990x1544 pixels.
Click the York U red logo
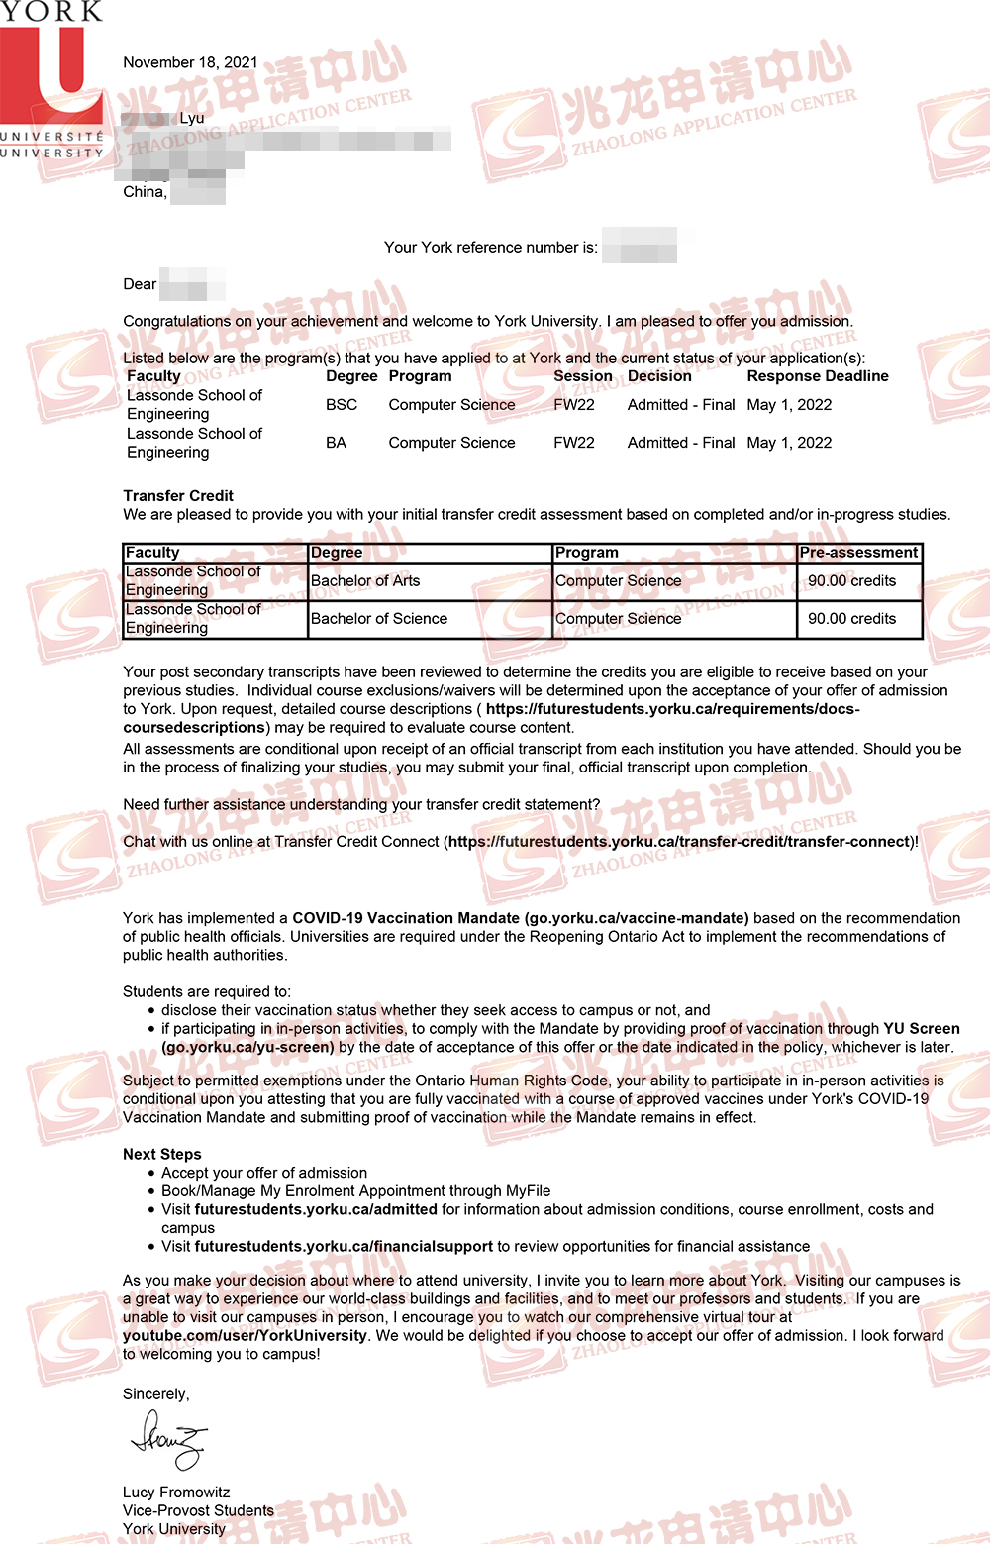click(51, 74)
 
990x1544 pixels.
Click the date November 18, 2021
click(190, 62)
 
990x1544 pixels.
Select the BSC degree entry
click(342, 405)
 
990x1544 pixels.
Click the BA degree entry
click(337, 443)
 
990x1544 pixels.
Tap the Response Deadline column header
click(818, 376)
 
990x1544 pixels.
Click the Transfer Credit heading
click(178, 495)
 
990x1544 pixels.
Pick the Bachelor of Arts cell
click(365, 581)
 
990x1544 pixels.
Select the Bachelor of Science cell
click(379, 619)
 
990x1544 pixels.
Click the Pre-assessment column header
click(858, 553)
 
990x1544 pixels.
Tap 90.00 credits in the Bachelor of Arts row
click(851, 581)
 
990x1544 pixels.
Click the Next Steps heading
click(162, 1154)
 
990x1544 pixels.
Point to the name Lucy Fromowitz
click(176, 1493)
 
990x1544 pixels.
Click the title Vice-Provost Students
click(198, 1510)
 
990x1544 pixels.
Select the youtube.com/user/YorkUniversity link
click(245, 1335)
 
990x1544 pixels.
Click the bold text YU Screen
click(921, 1029)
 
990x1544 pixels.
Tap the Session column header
click(582, 376)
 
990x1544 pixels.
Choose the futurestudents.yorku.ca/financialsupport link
click(344, 1246)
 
